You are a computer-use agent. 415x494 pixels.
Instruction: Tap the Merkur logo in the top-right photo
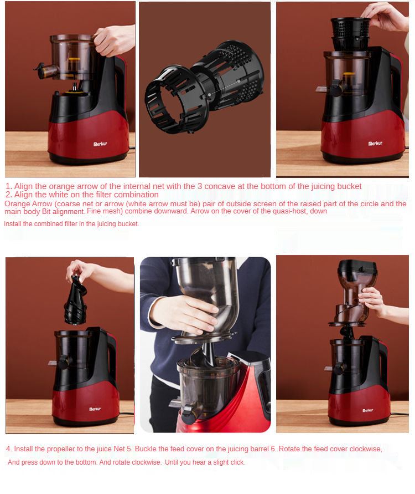(x=375, y=143)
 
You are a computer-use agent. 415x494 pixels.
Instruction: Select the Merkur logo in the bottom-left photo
(x=95, y=409)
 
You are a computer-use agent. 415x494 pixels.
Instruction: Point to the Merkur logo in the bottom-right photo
(x=367, y=410)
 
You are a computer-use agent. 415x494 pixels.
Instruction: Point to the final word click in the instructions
(x=237, y=462)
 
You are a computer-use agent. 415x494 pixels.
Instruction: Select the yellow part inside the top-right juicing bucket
(x=348, y=74)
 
